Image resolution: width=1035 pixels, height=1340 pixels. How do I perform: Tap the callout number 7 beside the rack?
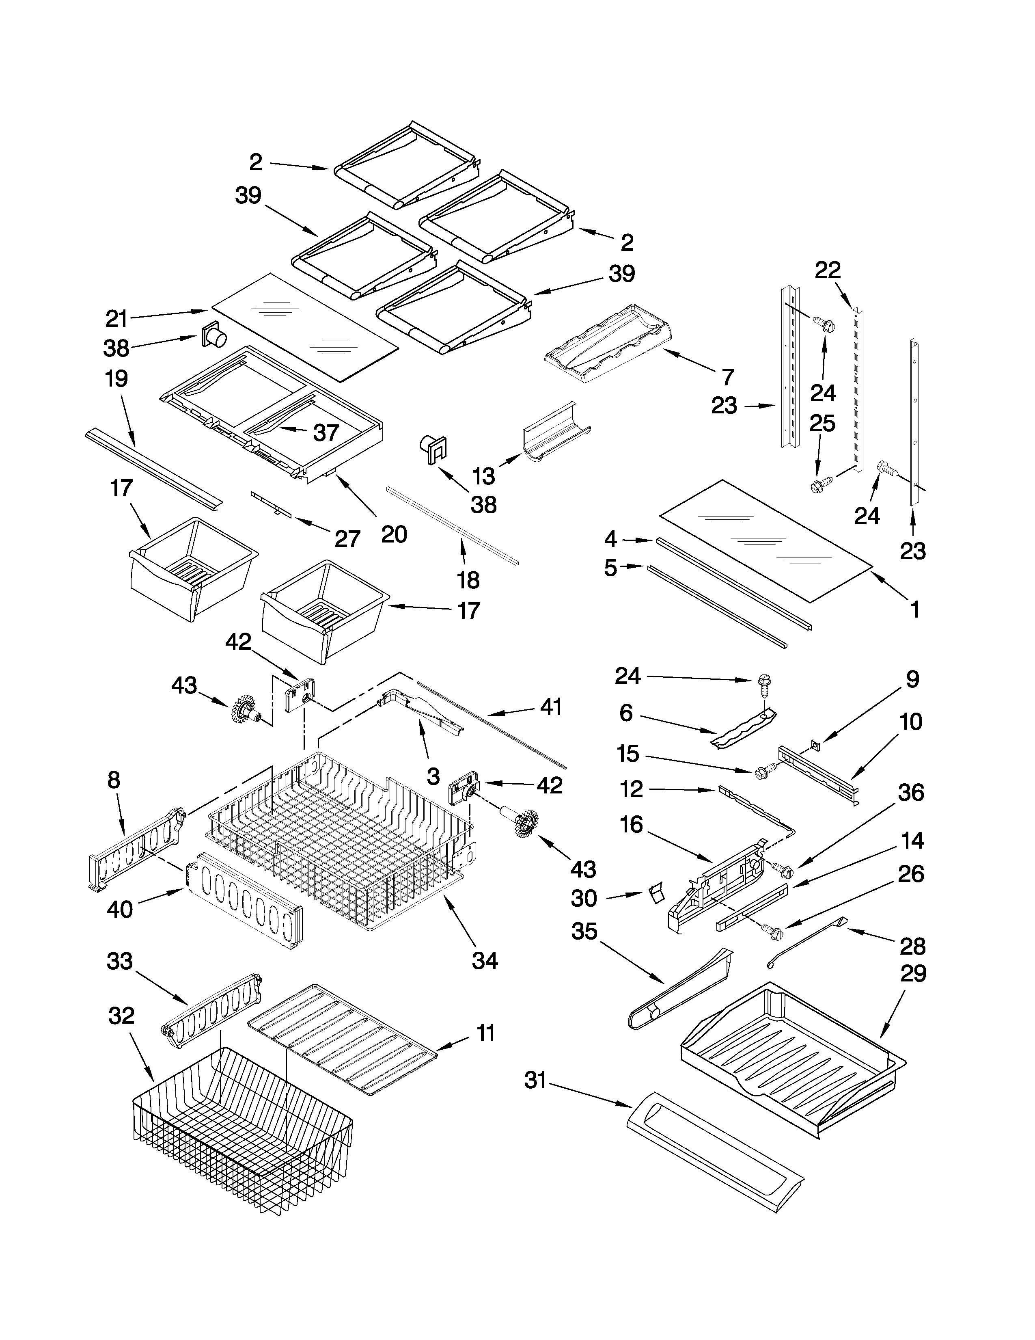coord(728,377)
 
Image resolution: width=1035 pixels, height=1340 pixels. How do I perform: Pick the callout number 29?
coord(912,974)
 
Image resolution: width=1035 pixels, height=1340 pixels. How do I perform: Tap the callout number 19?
coord(116,378)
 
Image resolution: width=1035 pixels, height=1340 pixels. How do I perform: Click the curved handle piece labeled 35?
coord(681,988)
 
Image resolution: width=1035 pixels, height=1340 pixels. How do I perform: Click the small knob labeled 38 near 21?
coord(213,337)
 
